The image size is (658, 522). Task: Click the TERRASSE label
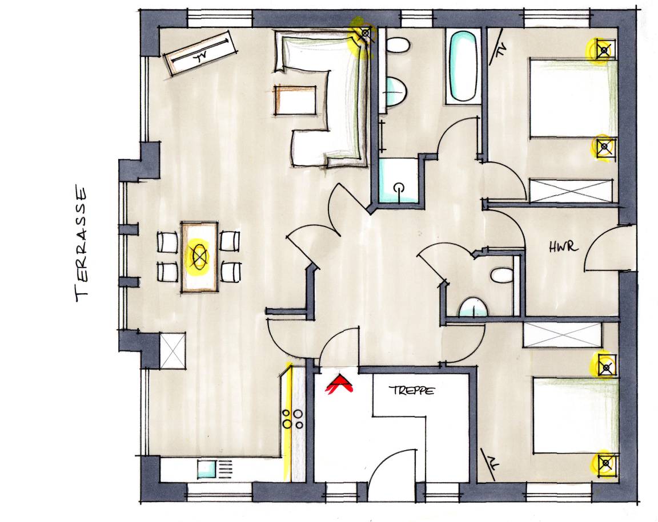[x=82, y=244]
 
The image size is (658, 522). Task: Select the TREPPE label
[x=411, y=391]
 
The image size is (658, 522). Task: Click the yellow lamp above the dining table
[x=199, y=254]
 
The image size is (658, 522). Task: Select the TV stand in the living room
[x=200, y=52]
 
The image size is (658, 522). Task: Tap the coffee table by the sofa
[x=295, y=100]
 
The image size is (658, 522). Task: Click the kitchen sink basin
[x=207, y=469]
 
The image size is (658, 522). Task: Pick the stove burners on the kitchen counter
[x=293, y=419]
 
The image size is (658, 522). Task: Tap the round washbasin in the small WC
[x=474, y=308]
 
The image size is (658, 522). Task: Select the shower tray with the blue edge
[x=398, y=181]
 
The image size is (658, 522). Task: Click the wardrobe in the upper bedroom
[x=571, y=191]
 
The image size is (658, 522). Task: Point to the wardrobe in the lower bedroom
[x=563, y=334]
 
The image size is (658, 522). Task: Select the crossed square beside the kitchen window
[x=172, y=350]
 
